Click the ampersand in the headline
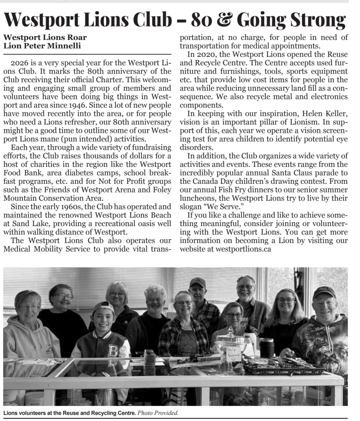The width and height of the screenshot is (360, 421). click(x=224, y=20)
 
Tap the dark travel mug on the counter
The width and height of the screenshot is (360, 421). click(x=267, y=348)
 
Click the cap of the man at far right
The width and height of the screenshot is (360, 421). click(x=324, y=291)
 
